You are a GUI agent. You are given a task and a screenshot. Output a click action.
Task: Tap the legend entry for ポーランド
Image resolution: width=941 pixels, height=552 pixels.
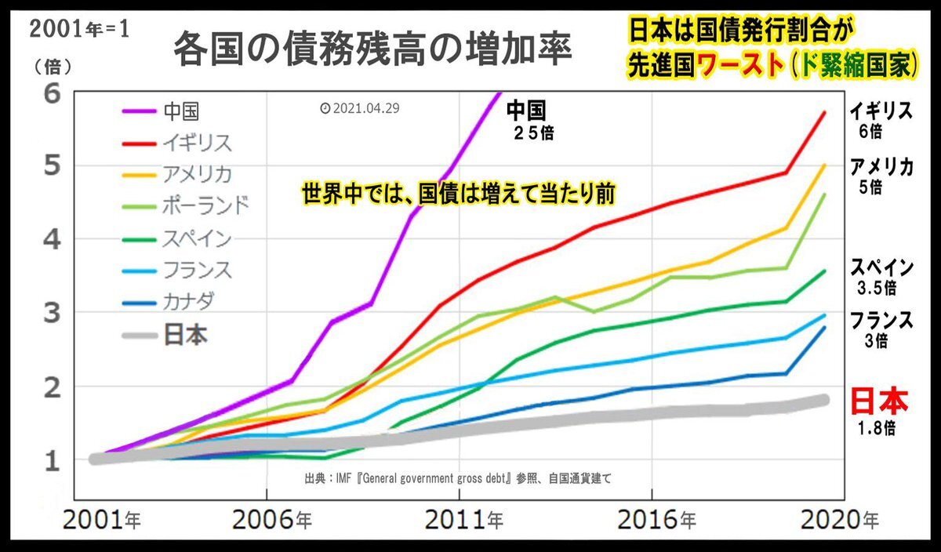(x=206, y=205)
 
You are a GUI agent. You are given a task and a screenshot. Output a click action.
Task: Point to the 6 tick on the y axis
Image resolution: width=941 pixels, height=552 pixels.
(x=52, y=93)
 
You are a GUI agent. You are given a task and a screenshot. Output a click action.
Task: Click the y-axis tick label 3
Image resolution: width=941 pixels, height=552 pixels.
(x=52, y=313)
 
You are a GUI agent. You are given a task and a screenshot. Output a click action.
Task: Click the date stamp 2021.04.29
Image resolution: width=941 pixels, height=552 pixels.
(x=360, y=108)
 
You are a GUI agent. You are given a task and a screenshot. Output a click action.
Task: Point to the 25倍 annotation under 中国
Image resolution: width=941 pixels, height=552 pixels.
(x=531, y=133)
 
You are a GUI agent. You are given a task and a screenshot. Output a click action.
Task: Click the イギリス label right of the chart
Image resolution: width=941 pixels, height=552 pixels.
(x=881, y=112)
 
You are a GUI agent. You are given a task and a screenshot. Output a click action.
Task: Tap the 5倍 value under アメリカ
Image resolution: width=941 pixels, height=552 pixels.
(x=870, y=187)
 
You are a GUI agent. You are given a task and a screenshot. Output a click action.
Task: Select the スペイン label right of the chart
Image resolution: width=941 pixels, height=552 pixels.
(x=881, y=267)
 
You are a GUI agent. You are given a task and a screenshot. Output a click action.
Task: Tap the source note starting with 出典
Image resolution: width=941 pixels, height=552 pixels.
(x=463, y=478)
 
